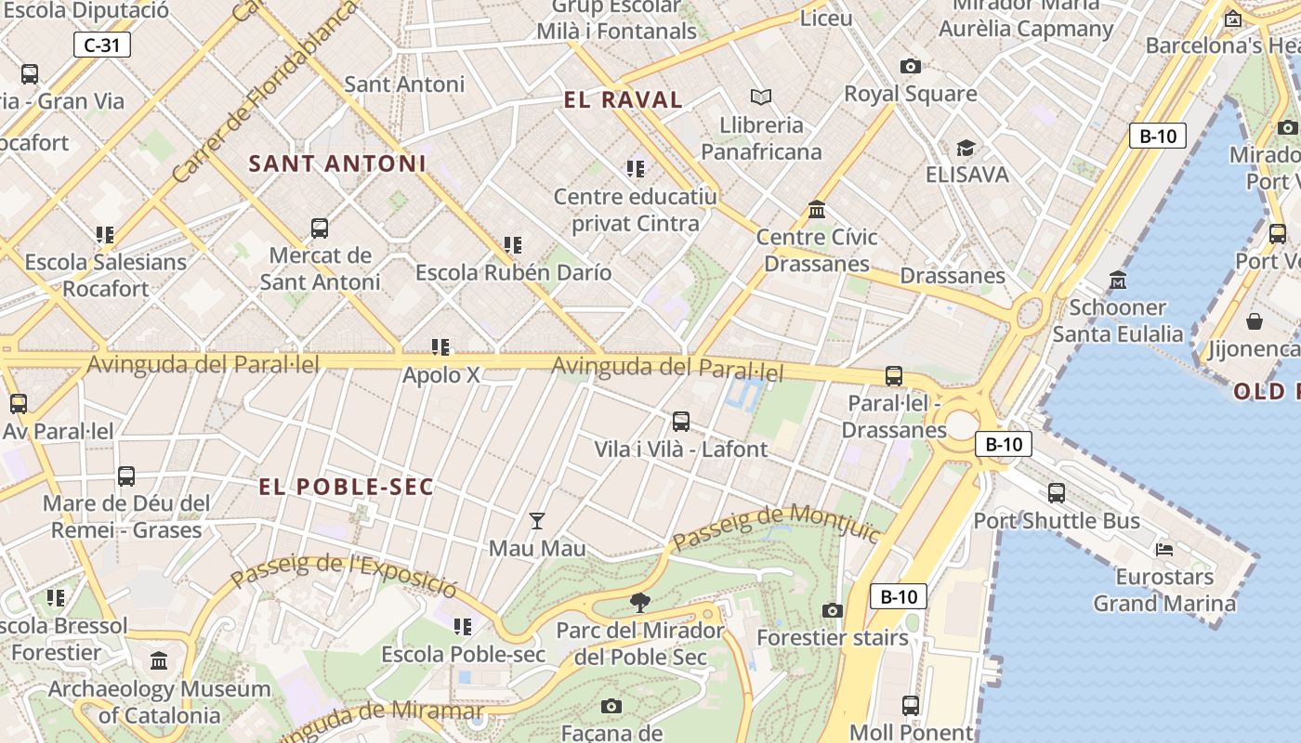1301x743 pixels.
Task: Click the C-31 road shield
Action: pos(102,45)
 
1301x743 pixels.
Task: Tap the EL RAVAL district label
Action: pos(624,100)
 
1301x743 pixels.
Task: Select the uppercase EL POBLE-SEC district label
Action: pos(346,487)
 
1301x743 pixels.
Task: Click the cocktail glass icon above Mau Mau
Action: pos(537,521)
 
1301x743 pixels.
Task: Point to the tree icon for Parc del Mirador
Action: pos(639,603)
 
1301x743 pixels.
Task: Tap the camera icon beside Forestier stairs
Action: pos(833,610)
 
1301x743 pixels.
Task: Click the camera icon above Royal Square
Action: pos(911,66)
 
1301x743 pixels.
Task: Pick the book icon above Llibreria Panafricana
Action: pos(761,97)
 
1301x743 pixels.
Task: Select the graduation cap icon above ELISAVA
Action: pos(966,148)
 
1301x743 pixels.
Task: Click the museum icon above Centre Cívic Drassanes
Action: pos(817,209)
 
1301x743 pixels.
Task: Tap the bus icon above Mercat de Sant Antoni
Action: pos(320,228)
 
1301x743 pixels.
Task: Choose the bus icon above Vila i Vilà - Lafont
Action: pos(681,422)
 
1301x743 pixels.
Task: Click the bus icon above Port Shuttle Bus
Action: pos(1057,493)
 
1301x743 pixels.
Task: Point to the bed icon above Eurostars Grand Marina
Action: pos(1164,549)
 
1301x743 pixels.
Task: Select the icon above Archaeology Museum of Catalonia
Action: pos(159,661)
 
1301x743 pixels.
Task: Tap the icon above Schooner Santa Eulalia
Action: pos(1118,280)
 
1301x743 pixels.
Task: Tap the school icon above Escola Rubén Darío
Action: pos(513,245)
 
